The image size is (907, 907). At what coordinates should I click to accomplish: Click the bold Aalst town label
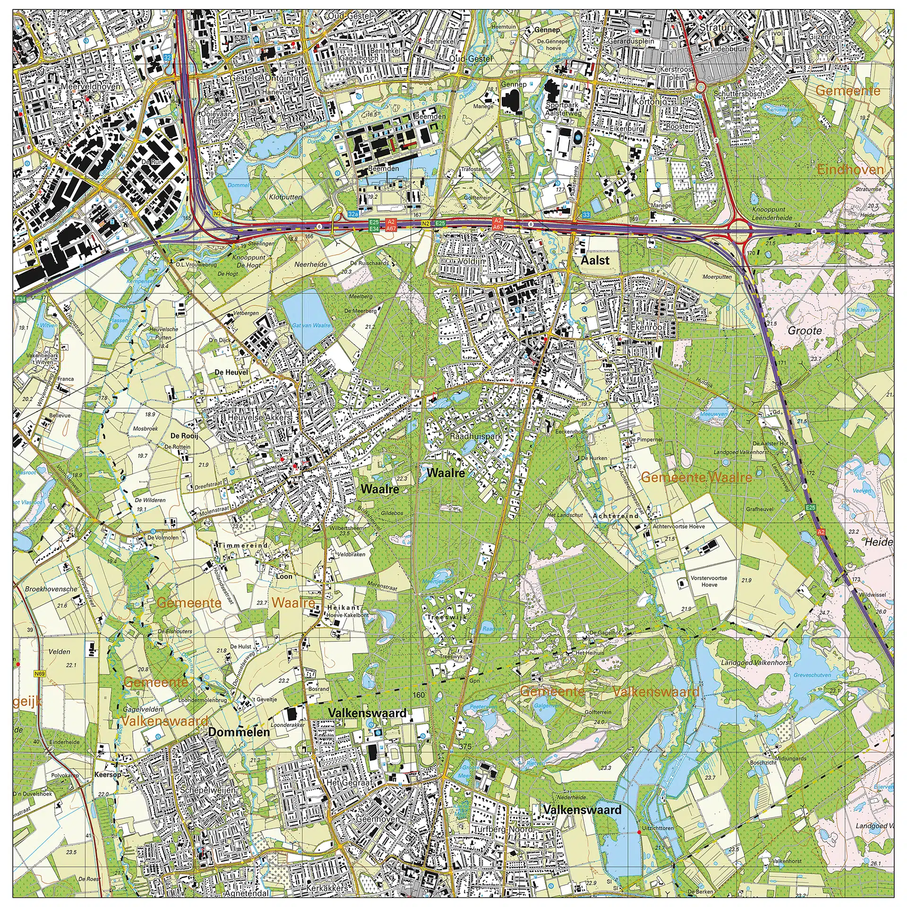pos(595,260)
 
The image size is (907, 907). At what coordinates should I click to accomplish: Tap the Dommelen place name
pos(239,732)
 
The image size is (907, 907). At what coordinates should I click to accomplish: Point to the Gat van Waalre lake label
pos(311,325)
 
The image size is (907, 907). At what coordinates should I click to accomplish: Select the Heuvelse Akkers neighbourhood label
pos(259,418)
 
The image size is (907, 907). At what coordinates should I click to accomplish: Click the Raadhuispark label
pos(476,436)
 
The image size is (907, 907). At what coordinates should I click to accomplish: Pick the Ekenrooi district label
pos(647,327)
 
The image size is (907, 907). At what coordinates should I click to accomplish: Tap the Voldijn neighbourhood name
pos(471,261)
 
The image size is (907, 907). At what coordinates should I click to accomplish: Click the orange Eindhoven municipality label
pos(850,170)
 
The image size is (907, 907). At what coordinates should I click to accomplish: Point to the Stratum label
pos(717,27)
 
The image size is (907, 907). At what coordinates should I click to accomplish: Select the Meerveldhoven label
pos(91,86)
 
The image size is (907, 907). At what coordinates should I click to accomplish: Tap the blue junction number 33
pos(586,214)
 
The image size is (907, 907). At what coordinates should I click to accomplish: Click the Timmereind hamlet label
pos(243,545)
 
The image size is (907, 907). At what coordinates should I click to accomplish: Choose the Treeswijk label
pos(447,617)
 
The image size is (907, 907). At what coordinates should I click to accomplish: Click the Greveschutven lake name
pos(812,675)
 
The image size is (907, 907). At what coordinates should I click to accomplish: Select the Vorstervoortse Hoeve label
pos(709,581)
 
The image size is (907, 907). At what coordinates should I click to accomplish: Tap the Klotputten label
pos(285,197)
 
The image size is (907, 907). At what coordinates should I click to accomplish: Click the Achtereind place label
pos(616,516)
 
